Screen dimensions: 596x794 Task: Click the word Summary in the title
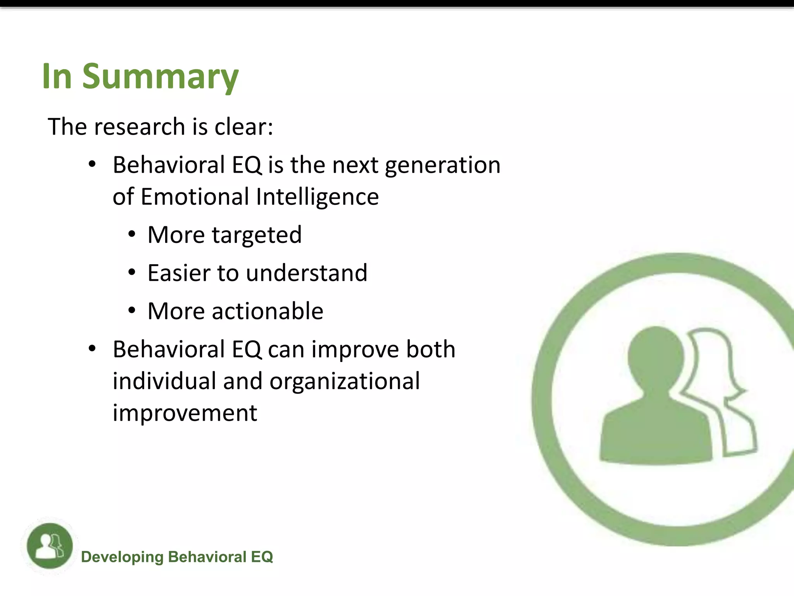(160, 76)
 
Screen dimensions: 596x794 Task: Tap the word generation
(442, 165)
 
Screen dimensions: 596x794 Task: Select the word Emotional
(195, 197)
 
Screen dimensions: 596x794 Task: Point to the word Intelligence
(317, 197)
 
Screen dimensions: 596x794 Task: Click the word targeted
(257, 235)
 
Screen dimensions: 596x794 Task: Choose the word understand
(306, 273)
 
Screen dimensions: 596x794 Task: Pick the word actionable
(268, 311)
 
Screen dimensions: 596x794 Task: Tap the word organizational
(345, 381)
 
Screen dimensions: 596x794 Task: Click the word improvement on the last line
(185, 413)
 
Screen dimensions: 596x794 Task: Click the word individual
(164, 381)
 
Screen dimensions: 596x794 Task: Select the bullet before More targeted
(132, 235)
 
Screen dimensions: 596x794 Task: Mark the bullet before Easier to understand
(132, 273)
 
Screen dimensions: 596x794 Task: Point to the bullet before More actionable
(132, 311)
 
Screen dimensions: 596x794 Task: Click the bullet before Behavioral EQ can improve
(92, 349)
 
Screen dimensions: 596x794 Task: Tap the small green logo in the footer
(50, 546)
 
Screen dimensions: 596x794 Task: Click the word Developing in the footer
(122, 557)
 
